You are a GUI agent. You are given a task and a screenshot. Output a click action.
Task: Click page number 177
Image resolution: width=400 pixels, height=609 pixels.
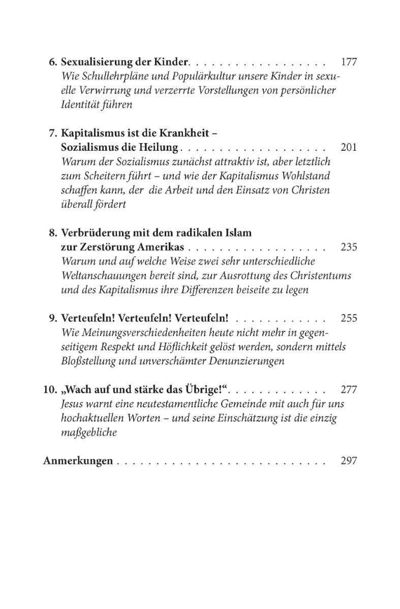click(x=349, y=63)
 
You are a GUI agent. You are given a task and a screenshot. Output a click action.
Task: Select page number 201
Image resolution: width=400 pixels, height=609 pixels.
click(x=349, y=148)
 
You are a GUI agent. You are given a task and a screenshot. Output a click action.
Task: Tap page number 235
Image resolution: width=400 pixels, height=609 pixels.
click(x=349, y=248)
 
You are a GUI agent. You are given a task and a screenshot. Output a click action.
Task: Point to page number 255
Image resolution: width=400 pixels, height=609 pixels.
click(x=349, y=319)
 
